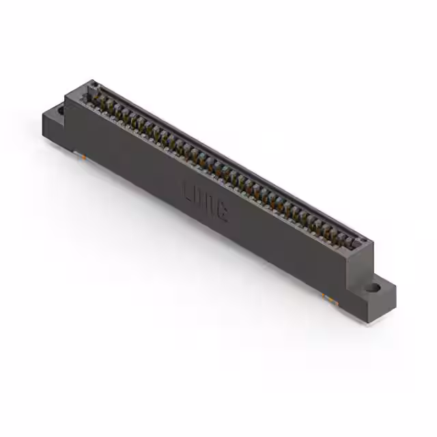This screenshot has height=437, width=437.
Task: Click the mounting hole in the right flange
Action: [372, 288]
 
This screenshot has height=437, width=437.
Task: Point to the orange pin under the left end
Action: [83, 156]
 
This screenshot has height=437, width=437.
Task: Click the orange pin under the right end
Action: [328, 298]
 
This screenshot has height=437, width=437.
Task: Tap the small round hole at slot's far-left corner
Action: [94, 86]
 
